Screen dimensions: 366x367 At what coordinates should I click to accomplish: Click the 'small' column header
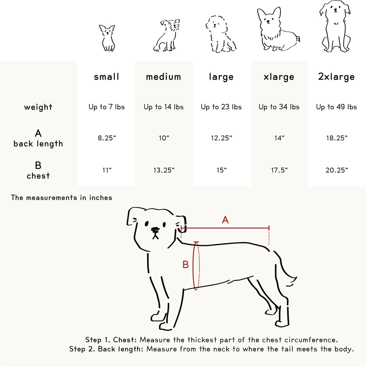106,77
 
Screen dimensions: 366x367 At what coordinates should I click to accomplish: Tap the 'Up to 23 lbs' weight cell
221,107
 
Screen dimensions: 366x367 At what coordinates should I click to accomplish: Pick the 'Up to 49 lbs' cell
336,107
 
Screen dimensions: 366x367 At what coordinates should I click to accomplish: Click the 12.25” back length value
222,138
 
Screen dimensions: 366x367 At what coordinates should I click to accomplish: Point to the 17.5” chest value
279,170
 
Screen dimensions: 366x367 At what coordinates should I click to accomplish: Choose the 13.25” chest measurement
164,170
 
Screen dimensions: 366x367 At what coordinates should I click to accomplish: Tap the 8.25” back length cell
107,138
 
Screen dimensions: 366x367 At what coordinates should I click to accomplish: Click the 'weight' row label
38,107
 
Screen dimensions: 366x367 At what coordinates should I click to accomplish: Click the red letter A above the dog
225,220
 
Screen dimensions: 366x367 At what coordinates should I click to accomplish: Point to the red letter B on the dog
186,265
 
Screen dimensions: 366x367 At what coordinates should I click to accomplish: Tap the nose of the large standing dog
155,229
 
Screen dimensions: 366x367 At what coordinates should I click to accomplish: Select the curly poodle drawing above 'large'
221,34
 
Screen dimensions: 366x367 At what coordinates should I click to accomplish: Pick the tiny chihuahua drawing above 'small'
107,38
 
